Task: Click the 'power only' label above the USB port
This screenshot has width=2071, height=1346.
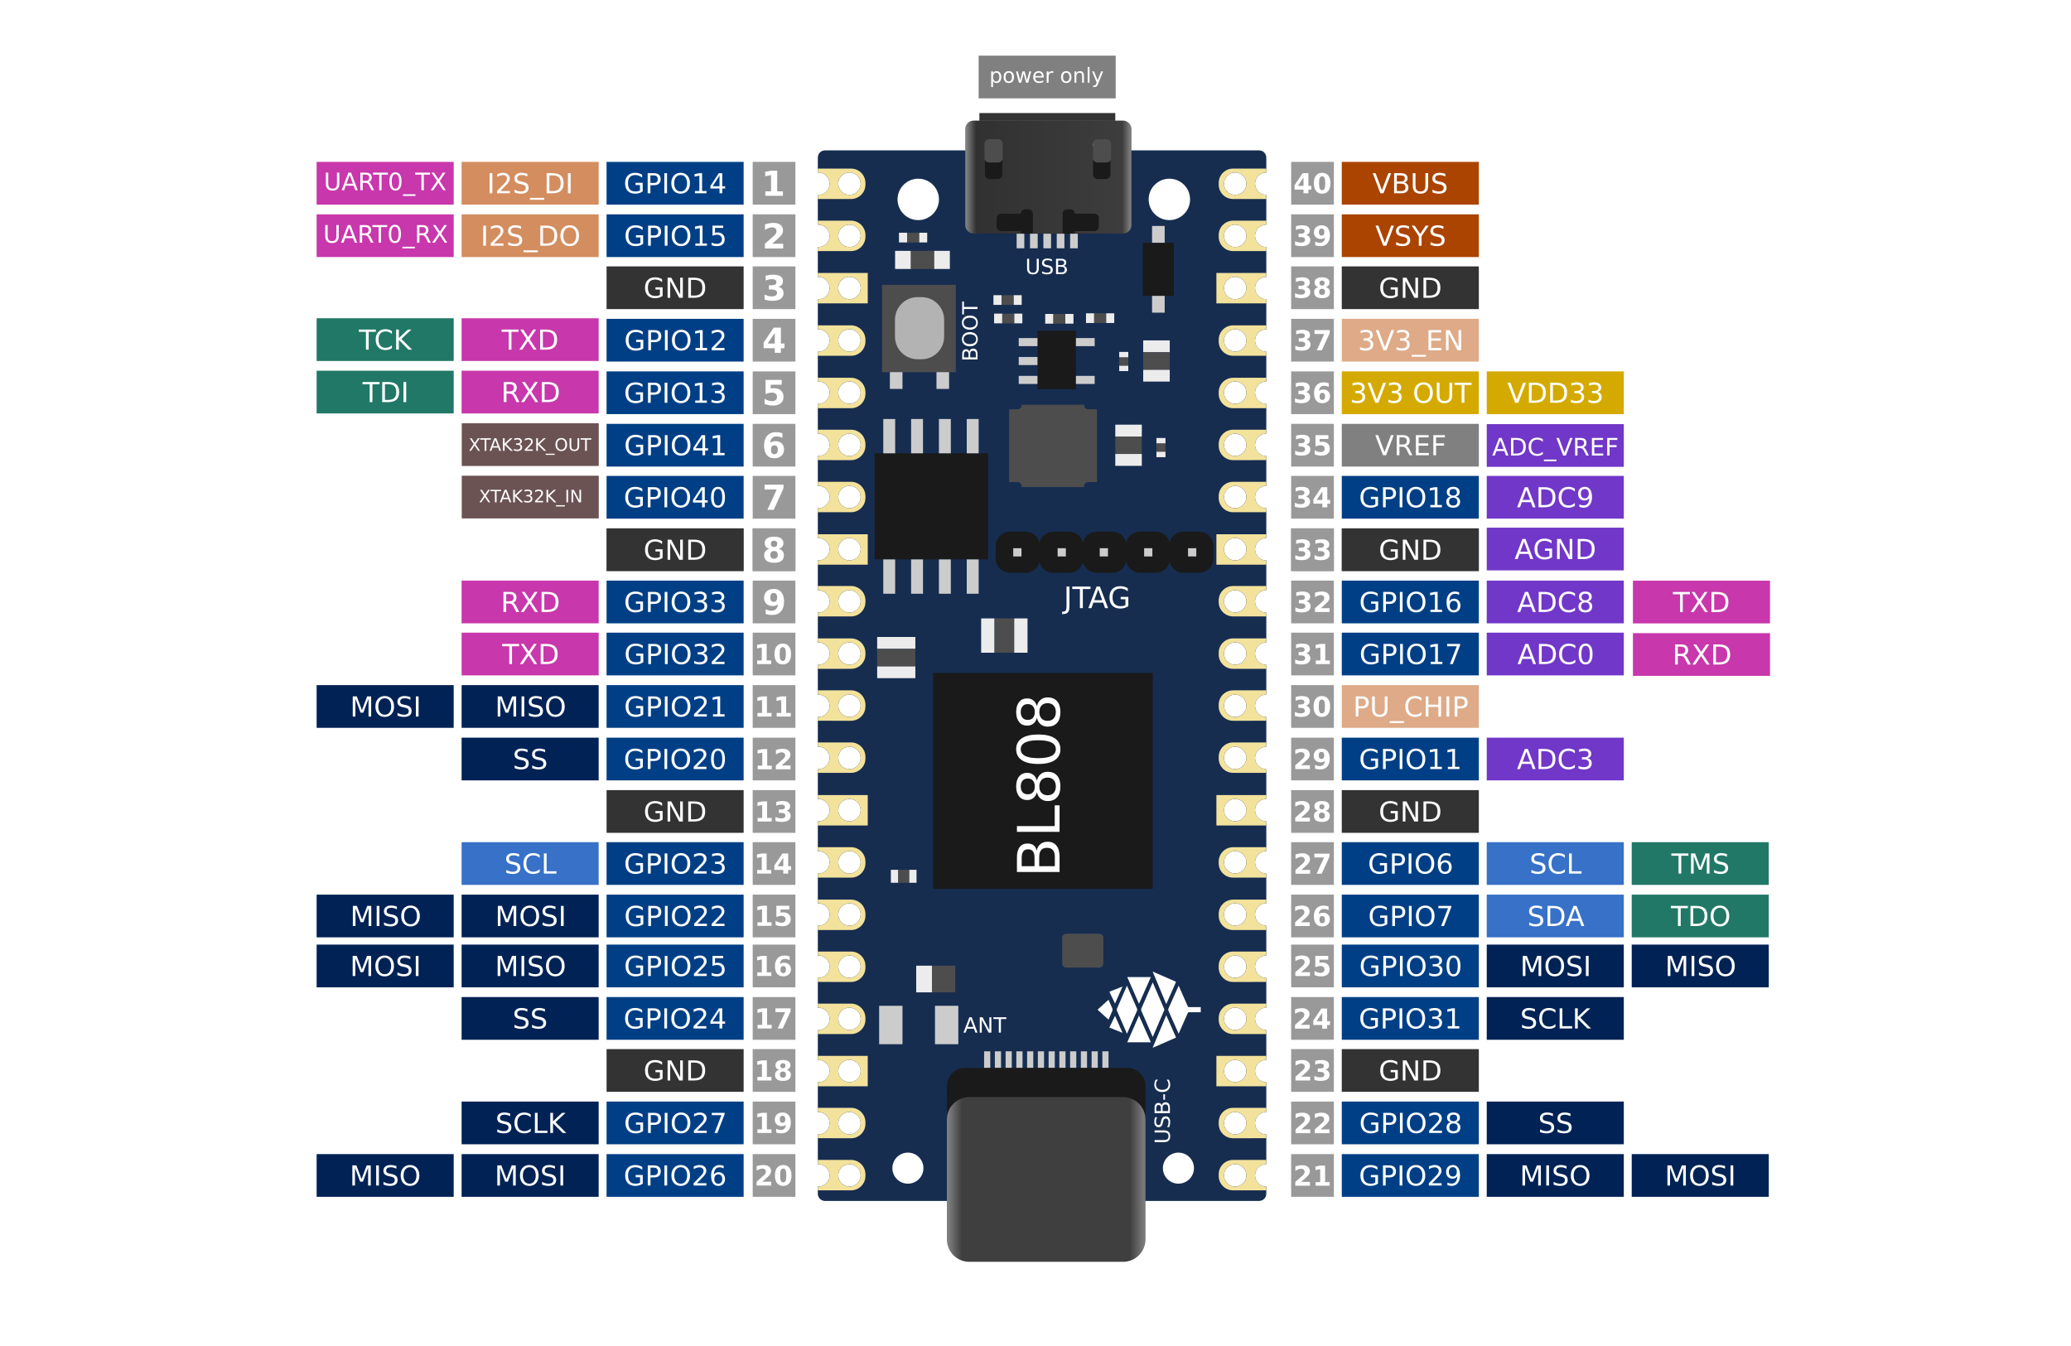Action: click(1046, 76)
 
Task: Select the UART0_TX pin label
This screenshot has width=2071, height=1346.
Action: click(384, 183)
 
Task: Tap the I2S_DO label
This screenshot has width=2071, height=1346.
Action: click(529, 236)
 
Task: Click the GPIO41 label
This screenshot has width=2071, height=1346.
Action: click(674, 446)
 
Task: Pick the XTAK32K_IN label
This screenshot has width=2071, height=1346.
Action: click(529, 497)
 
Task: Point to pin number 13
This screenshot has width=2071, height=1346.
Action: click(773, 811)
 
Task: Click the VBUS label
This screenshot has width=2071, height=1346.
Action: click(1409, 184)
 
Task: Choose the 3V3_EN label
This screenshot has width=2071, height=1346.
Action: click(1409, 340)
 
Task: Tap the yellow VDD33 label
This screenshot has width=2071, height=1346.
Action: click(1554, 393)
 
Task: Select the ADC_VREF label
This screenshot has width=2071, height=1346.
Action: click(1554, 446)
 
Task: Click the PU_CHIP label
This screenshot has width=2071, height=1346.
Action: click(1409, 707)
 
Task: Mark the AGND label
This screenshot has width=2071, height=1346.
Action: click(1554, 550)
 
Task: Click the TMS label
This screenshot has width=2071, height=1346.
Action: click(1699, 863)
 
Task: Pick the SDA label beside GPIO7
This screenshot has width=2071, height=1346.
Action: click(1554, 916)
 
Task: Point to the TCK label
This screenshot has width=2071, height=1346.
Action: click(384, 340)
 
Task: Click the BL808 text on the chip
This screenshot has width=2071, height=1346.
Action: click(1039, 783)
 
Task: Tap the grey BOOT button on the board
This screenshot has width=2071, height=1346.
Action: click(919, 328)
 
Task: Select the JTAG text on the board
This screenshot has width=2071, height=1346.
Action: click(1095, 599)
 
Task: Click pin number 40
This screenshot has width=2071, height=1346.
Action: click(1311, 184)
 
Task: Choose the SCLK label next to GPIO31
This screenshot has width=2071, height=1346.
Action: click(1554, 1018)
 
